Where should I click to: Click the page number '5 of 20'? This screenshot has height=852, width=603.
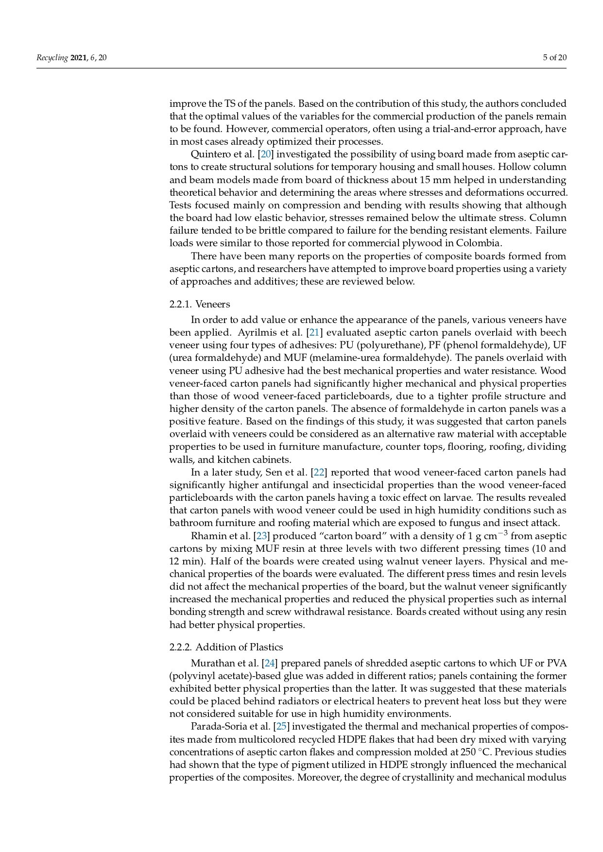(x=554, y=58)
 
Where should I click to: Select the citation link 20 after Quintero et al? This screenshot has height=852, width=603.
(x=266, y=154)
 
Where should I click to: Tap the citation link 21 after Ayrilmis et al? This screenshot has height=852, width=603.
(x=314, y=333)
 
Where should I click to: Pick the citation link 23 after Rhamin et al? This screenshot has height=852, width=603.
(x=261, y=536)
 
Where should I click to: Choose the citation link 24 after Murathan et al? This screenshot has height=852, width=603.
(x=269, y=663)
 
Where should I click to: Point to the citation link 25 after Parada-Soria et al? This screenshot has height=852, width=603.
(x=281, y=727)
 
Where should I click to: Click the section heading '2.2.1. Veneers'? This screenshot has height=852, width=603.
(x=200, y=305)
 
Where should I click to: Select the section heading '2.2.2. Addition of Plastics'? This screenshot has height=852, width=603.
(x=226, y=647)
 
